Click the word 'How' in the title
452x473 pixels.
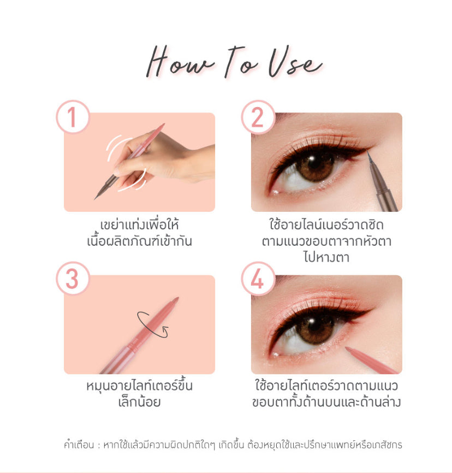click(180, 62)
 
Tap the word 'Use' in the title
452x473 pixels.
click(295, 62)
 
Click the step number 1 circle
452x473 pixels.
click(73, 117)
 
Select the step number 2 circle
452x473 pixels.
click(258, 117)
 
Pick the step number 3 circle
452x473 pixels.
click(73, 279)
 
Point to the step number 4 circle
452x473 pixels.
click(258, 279)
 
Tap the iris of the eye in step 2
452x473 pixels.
click(315, 165)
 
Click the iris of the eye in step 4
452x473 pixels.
click(315, 328)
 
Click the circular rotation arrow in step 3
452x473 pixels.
click(152, 324)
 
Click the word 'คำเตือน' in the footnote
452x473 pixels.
click(79, 445)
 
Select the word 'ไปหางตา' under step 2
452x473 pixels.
click(326, 257)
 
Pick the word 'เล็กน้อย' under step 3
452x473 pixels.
click(139, 402)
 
